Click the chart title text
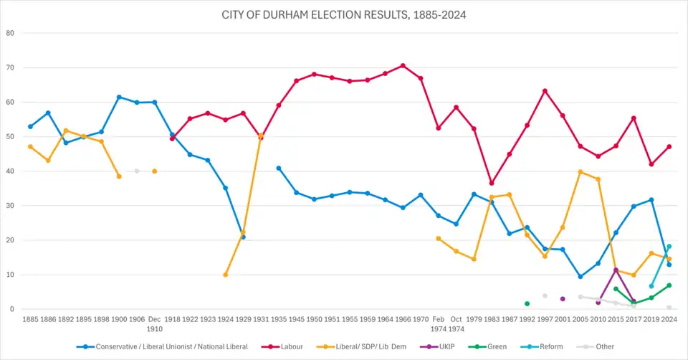point(344,14)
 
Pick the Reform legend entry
point(550,346)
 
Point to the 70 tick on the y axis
point(10,67)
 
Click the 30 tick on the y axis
point(10,206)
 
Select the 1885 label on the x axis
point(30,320)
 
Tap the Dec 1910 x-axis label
point(154,324)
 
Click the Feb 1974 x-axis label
point(438,324)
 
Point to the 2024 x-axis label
point(669,320)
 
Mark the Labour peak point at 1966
point(403,65)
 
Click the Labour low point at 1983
point(491,183)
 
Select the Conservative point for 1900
point(119,97)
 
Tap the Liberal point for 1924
point(226,275)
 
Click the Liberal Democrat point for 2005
point(580,171)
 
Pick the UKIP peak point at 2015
point(616,270)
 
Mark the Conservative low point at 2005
point(580,277)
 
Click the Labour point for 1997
point(545,90)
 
